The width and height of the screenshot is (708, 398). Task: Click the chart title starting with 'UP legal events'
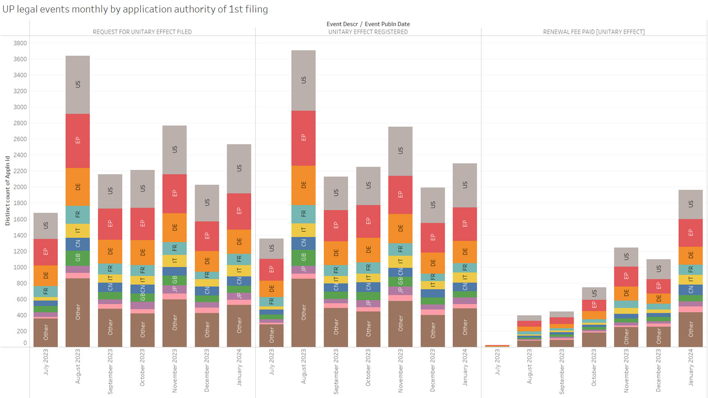pos(135,9)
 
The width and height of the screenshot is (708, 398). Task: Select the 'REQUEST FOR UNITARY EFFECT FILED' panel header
pos(142,32)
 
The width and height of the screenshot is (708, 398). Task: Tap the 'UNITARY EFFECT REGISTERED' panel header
pos(368,32)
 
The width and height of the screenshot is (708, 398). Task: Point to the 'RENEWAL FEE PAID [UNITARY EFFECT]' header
pos(594,32)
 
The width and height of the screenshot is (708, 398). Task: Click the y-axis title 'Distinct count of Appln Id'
pos(7,191)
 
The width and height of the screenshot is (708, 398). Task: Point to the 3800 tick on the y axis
pos(20,43)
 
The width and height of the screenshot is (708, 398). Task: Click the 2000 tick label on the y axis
pos(20,187)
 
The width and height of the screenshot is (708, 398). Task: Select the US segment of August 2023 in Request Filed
pos(77,84)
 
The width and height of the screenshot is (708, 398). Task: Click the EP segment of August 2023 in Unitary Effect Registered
pos(303,138)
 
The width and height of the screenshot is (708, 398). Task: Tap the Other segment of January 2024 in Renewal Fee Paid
pos(690,329)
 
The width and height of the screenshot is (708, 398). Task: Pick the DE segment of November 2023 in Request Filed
pos(174,227)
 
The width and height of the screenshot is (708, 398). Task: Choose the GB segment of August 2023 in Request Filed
pos(77,258)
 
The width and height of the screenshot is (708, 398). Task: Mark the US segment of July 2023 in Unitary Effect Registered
pos(271,248)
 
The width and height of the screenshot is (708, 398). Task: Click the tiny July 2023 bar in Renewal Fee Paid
pos(497,346)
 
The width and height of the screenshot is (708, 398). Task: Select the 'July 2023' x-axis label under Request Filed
pos(46,362)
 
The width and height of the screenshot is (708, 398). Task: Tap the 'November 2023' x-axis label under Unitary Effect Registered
pos(400,370)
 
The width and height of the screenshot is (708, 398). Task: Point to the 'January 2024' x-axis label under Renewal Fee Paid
pos(691,367)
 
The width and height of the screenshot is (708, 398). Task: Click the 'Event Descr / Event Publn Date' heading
pos(368,24)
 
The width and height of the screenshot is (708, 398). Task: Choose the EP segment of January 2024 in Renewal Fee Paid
pos(690,233)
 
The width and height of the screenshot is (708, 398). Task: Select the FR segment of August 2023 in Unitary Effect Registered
pos(303,214)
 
